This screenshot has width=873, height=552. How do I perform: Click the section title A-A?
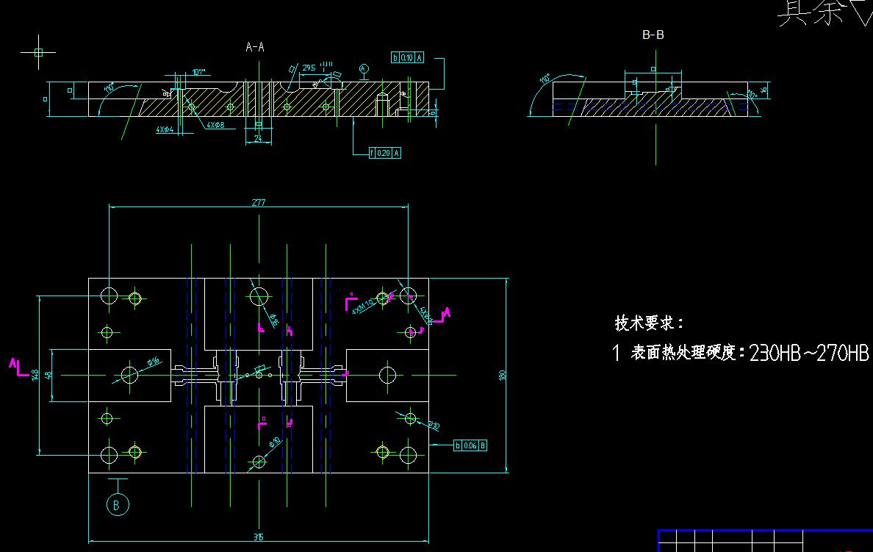tap(255, 47)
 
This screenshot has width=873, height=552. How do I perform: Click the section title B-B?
tap(653, 35)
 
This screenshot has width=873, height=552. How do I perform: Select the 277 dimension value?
tap(258, 202)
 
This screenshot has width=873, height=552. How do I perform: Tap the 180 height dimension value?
tap(503, 375)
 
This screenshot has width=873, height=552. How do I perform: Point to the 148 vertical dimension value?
tap(35, 375)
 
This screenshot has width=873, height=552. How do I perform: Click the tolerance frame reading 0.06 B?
tap(470, 445)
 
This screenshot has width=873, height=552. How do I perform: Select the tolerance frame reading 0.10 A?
tap(408, 57)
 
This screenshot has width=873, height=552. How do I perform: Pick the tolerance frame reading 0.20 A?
tap(386, 153)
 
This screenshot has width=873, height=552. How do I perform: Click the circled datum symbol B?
tap(117, 504)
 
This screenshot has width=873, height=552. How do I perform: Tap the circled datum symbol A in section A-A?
tap(363, 68)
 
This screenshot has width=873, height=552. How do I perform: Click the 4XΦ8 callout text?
tap(215, 126)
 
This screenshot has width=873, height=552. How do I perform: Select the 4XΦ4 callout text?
tap(165, 129)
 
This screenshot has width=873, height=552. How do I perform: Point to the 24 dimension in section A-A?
tap(258, 137)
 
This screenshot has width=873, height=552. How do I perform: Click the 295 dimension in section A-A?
tap(309, 68)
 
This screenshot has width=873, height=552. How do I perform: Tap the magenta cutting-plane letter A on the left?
tap(13, 362)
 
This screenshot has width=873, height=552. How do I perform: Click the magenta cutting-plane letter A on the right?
tap(446, 313)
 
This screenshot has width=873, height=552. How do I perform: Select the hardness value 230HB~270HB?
tap(809, 354)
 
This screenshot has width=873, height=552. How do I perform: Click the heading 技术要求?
tap(649, 323)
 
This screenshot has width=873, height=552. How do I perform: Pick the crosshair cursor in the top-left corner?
tap(39, 52)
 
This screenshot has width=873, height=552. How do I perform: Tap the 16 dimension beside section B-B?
tap(764, 90)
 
